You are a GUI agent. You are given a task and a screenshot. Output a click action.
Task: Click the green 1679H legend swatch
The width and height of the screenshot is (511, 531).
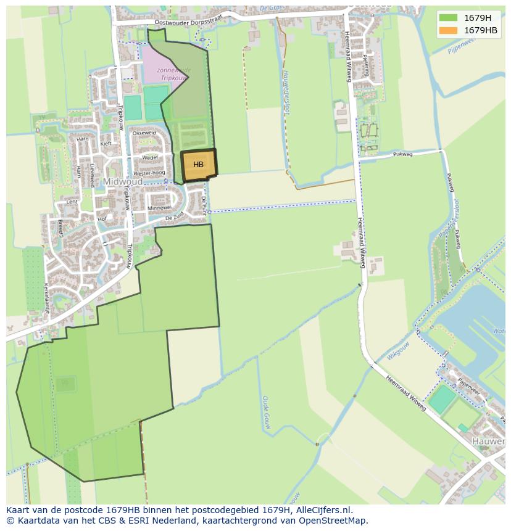448,18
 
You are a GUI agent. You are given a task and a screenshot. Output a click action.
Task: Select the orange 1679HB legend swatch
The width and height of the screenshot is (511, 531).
448,30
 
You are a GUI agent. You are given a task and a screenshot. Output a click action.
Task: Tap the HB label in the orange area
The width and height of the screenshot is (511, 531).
198,165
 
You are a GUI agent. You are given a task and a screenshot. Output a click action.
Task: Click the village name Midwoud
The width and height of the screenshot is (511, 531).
122,182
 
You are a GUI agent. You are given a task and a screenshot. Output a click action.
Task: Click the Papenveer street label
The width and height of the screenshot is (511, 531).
468,389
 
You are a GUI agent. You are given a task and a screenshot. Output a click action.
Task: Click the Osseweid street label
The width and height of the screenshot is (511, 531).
144,133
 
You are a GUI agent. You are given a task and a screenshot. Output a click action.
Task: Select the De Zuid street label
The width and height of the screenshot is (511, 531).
175,218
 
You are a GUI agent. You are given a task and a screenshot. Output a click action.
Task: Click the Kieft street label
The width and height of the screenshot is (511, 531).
106,144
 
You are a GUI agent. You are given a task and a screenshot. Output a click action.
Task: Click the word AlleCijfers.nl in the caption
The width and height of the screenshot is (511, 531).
323,510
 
